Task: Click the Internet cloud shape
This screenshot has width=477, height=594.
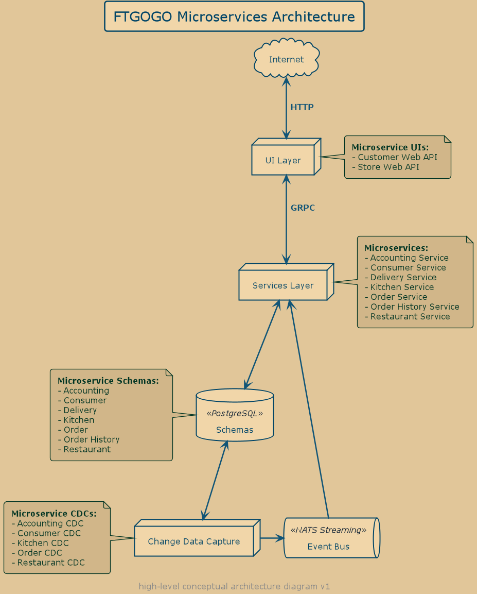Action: click(287, 59)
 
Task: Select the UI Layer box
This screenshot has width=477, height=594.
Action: click(283, 160)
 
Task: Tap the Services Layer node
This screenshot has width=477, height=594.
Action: click(283, 285)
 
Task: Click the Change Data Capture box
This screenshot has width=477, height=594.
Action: click(194, 541)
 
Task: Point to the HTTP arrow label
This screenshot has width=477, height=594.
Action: click(302, 107)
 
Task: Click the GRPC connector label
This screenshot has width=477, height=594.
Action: click(303, 208)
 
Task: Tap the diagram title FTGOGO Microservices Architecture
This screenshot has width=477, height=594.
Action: click(234, 17)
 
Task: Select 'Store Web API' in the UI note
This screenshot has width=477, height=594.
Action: click(388, 167)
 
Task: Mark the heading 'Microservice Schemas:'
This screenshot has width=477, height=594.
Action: click(108, 381)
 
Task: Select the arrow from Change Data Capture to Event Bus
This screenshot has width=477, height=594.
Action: click(272, 538)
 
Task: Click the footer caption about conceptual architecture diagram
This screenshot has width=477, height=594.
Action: click(234, 586)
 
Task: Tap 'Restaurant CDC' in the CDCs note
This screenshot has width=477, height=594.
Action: click(51, 563)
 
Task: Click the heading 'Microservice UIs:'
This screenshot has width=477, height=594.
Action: click(390, 147)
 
